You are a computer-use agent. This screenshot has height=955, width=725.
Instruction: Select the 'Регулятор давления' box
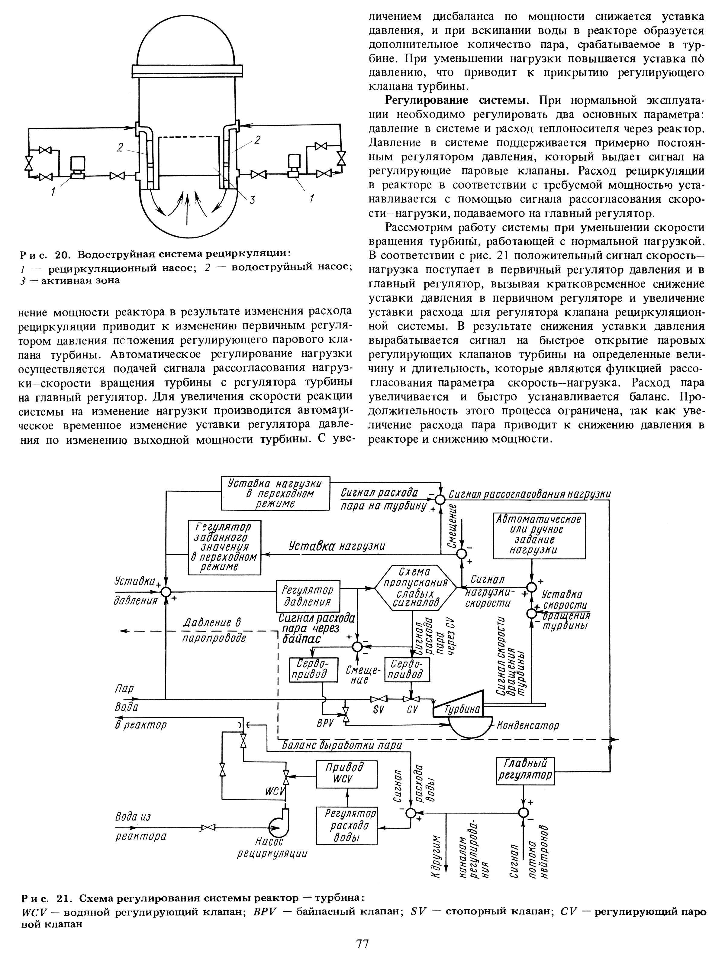point(308,596)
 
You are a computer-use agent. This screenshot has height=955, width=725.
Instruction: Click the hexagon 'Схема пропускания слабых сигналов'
point(415,588)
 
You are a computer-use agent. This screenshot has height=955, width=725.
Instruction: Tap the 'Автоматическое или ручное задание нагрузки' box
point(539,535)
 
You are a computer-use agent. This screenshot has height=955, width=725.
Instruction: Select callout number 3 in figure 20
point(253,199)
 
